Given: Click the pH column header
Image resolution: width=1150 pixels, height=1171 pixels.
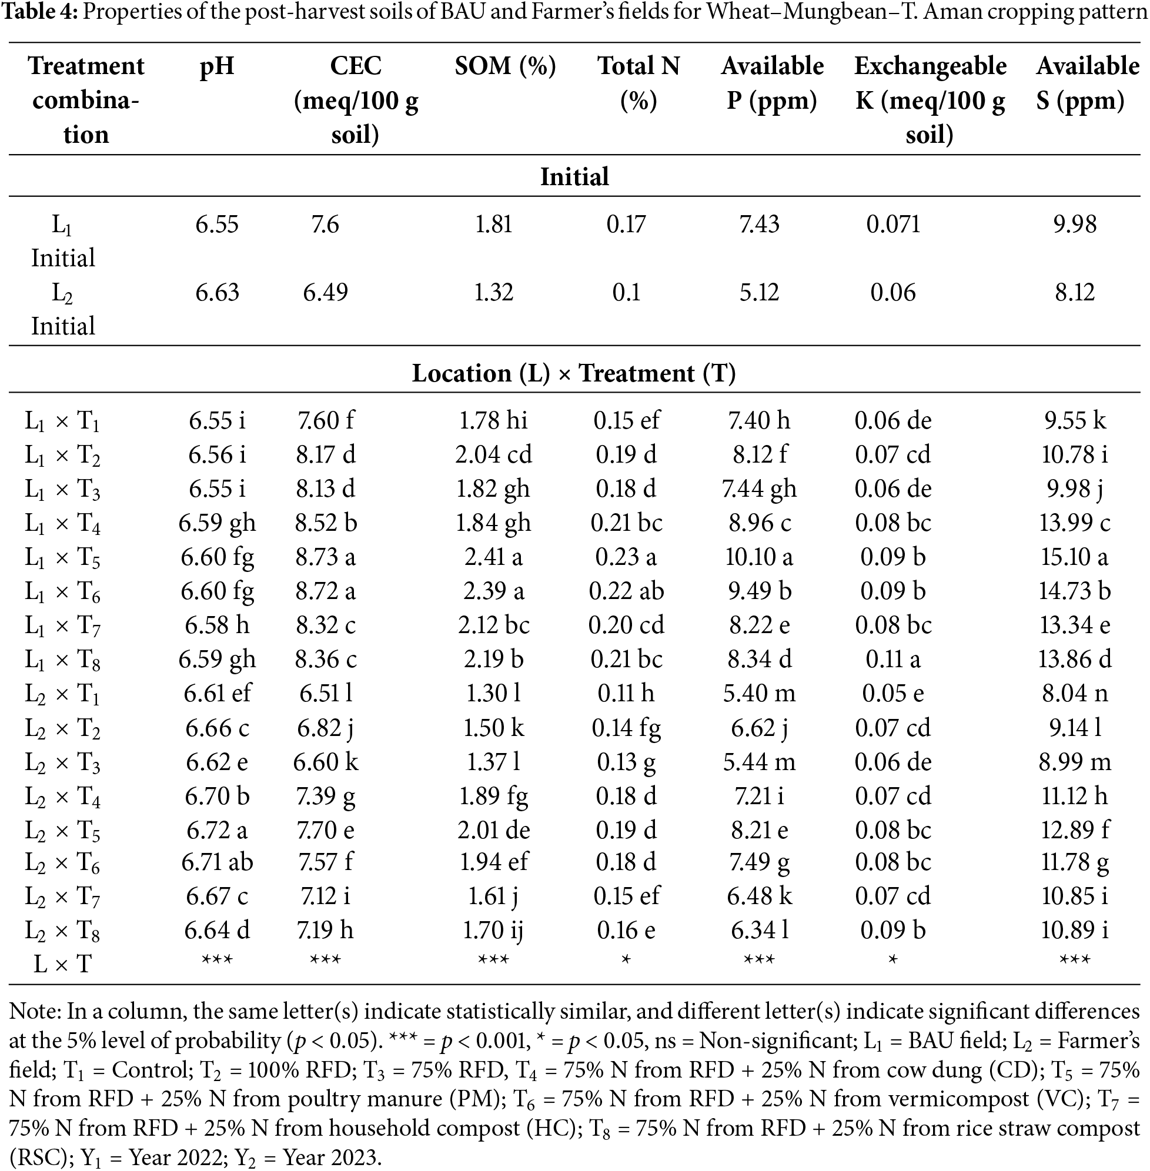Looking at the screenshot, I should coord(217,66).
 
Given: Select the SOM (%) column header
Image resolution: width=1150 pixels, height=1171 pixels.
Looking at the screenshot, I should coord(505,66).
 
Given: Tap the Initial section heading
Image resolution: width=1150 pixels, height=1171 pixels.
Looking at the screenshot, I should coord(574,176).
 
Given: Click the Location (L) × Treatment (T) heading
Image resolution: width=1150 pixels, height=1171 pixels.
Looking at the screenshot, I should coord(574,373).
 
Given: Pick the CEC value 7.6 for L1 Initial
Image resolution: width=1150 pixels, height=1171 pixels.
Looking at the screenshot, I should coord(325,225).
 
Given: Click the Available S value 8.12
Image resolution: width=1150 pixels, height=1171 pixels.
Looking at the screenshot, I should coord(1075,293).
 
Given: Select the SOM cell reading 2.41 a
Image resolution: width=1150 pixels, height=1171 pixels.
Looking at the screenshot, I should coord(493,557).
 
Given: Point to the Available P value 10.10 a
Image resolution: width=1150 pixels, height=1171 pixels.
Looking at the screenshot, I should coord(758,557).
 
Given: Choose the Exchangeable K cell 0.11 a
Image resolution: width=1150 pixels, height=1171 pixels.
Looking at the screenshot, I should coord(892,659).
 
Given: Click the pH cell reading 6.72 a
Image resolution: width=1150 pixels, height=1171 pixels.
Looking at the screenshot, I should coord(217,831).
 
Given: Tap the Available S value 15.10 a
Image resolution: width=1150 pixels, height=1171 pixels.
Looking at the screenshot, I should coord(1075,557).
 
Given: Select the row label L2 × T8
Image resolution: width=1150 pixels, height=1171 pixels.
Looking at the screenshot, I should coord(62,931).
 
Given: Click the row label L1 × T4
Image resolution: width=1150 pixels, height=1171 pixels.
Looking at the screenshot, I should coord(62,523).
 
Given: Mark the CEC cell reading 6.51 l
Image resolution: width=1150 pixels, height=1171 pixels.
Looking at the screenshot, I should coord(326,693).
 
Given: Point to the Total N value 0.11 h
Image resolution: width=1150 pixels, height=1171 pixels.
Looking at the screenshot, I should coord(626,693).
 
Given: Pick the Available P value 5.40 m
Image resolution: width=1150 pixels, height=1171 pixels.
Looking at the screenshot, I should coord(759,693).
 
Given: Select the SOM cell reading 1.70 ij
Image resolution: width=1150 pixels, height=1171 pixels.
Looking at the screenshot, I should coord(493,931).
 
